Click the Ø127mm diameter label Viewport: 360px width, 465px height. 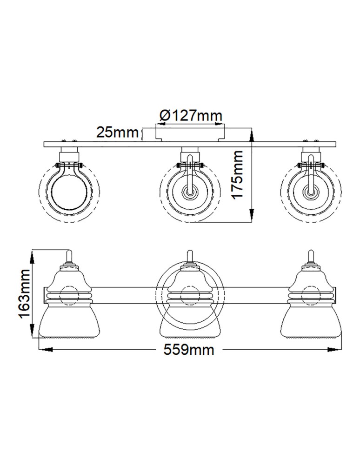[190, 115]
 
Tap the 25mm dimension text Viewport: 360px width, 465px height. [117, 133]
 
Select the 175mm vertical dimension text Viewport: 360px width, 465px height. [238, 174]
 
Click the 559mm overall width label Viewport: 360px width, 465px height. [189, 350]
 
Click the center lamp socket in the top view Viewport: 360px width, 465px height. [189, 193]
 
